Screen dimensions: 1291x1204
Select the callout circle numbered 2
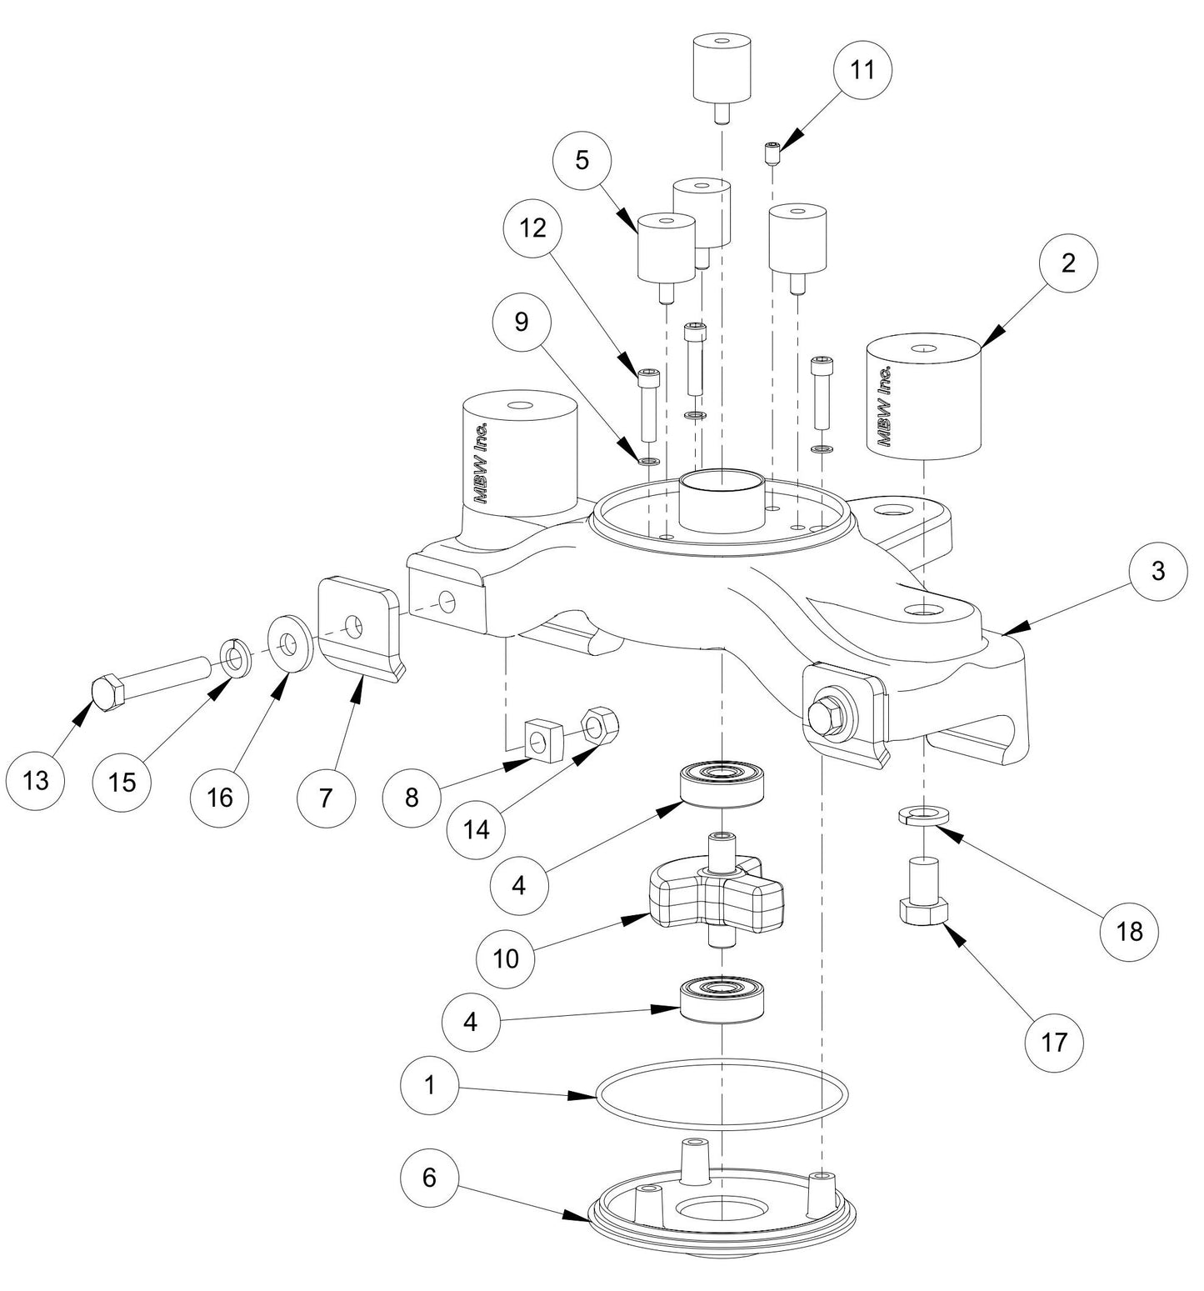click(x=1068, y=263)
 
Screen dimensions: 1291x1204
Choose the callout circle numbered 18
click(x=1129, y=930)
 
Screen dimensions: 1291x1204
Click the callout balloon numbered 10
click(x=505, y=958)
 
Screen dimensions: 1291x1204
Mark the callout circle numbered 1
click(x=429, y=1085)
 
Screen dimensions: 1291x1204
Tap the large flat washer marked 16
click(x=289, y=643)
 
